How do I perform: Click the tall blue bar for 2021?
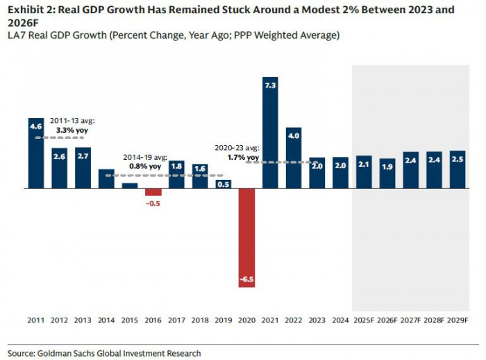coord(271,132)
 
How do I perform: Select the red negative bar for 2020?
coord(248,236)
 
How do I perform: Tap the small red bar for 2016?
coord(153,192)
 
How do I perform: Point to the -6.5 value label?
coord(248,279)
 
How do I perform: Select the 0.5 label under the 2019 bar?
coord(224,184)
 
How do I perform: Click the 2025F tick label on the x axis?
coord(364,320)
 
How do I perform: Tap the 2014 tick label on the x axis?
coord(106,320)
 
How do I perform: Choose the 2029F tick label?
coord(458,320)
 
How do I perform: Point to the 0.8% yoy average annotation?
coord(145,167)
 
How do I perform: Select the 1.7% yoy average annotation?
coord(242,158)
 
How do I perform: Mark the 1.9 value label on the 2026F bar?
coord(387,166)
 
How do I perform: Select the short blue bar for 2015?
coord(130,186)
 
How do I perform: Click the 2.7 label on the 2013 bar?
coord(83,156)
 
